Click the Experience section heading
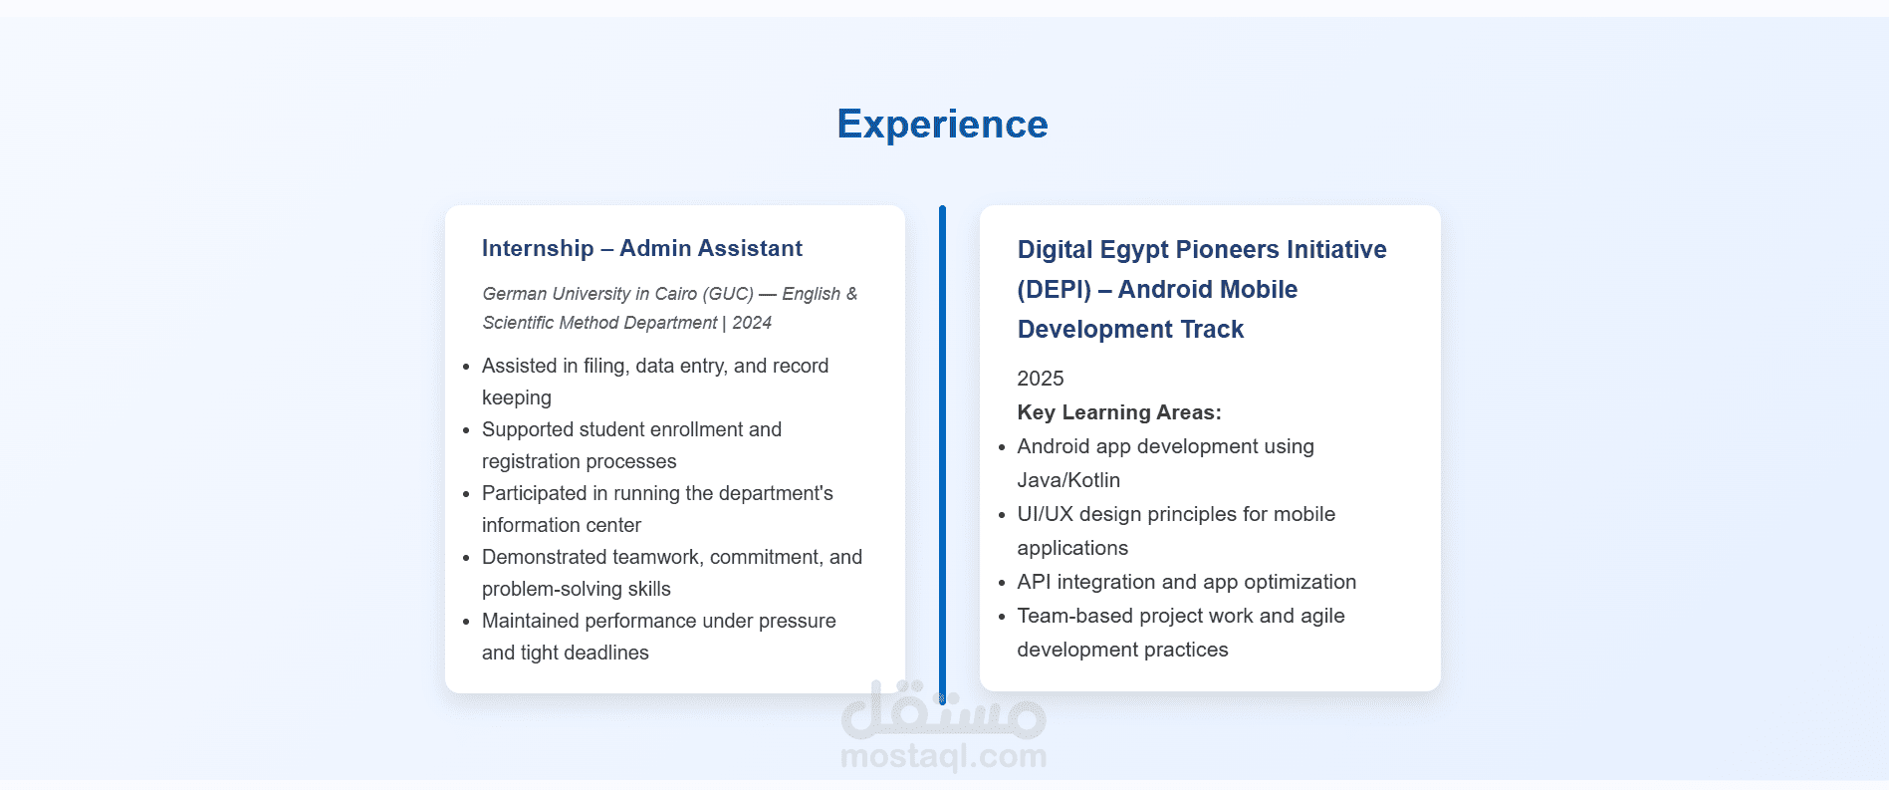tap(942, 125)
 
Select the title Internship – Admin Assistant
tap(642, 248)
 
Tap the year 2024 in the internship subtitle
tap(752, 323)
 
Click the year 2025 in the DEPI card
tap(1041, 379)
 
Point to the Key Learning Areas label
tap(1119, 412)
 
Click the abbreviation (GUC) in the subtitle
tap(728, 294)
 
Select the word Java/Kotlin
tap(1068, 480)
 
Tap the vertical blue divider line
tap(942, 454)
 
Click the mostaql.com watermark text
tap(943, 756)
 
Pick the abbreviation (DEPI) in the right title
tap(1055, 289)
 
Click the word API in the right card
tap(1034, 582)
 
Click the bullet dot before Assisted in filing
tap(466, 367)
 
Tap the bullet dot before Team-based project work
tap(1002, 617)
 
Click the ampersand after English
tap(851, 294)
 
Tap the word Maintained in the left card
tap(531, 621)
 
